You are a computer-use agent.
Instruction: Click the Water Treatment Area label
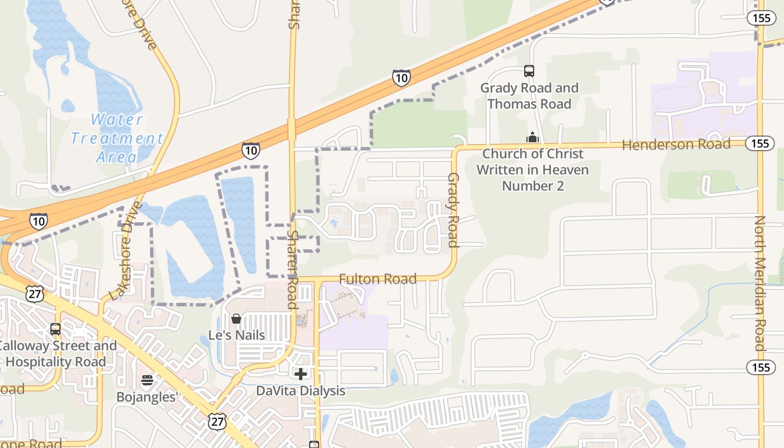pyautogui.click(x=117, y=138)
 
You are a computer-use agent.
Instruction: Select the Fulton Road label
pyautogui.click(x=377, y=279)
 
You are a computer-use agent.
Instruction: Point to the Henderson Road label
pyautogui.click(x=676, y=144)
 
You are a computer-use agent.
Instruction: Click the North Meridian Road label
pyautogui.click(x=759, y=283)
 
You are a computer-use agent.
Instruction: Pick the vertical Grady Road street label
pyautogui.click(x=452, y=210)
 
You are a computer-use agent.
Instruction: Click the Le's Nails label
pyautogui.click(x=236, y=335)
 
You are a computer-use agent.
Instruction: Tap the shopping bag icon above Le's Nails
pyautogui.click(x=236, y=319)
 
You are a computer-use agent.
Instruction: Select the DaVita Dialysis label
pyautogui.click(x=301, y=391)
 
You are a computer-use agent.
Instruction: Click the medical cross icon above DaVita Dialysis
pyautogui.click(x=301, y=374)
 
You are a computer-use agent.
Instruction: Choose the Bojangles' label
pyautogui.click(x=147, y=397)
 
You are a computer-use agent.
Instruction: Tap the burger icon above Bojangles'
pyautogui.click(x=147, y=381)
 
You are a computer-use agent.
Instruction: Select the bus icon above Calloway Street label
pyautogui.click(x=55, y=329)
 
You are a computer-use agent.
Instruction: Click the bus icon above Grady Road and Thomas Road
pyautogui.click(x=529, y=71)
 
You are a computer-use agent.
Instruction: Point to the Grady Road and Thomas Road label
pyautogui.click(x=529, y=96)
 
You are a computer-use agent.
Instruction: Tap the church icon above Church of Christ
pyautogui.click(x=532, y=137)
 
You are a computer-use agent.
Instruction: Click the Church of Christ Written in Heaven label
pyautogui.click(x=533, y=170)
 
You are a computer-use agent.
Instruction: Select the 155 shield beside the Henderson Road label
pyautogui.click(x=760, y=144)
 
